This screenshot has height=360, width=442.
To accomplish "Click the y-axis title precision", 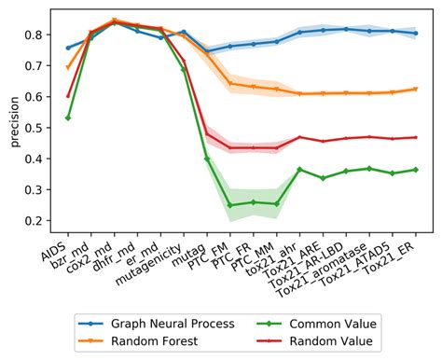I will click(x=12, y=118).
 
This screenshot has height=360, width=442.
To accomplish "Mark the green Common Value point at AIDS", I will click(x=68, y=118).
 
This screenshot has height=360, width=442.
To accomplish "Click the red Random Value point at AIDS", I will click(x=68, y=95).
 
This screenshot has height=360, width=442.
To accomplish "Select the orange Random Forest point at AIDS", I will click(x=68, y=67).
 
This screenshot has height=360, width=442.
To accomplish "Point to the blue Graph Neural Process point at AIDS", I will click(x=68, y=47).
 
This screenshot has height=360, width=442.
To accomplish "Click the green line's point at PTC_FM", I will click(x=229, y=205).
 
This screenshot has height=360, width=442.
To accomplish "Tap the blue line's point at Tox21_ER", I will click(x=415, y=34).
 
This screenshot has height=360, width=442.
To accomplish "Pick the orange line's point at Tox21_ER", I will click(x=415, y=89).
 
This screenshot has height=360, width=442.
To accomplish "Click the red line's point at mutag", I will click(x=206, y=134).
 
